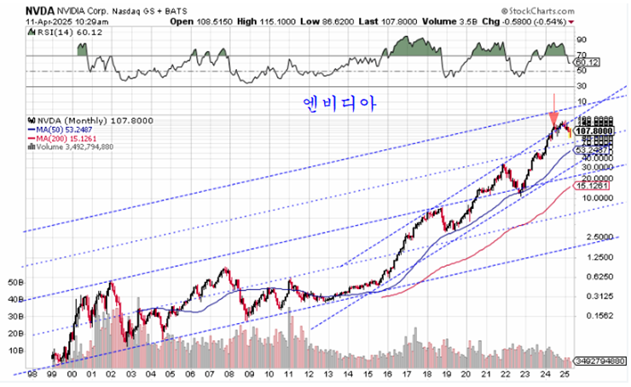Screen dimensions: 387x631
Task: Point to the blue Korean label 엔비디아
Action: [339, 103]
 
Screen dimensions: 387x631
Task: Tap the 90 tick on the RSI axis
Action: [582, 39]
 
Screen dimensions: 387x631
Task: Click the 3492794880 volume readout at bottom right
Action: [601, 361]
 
